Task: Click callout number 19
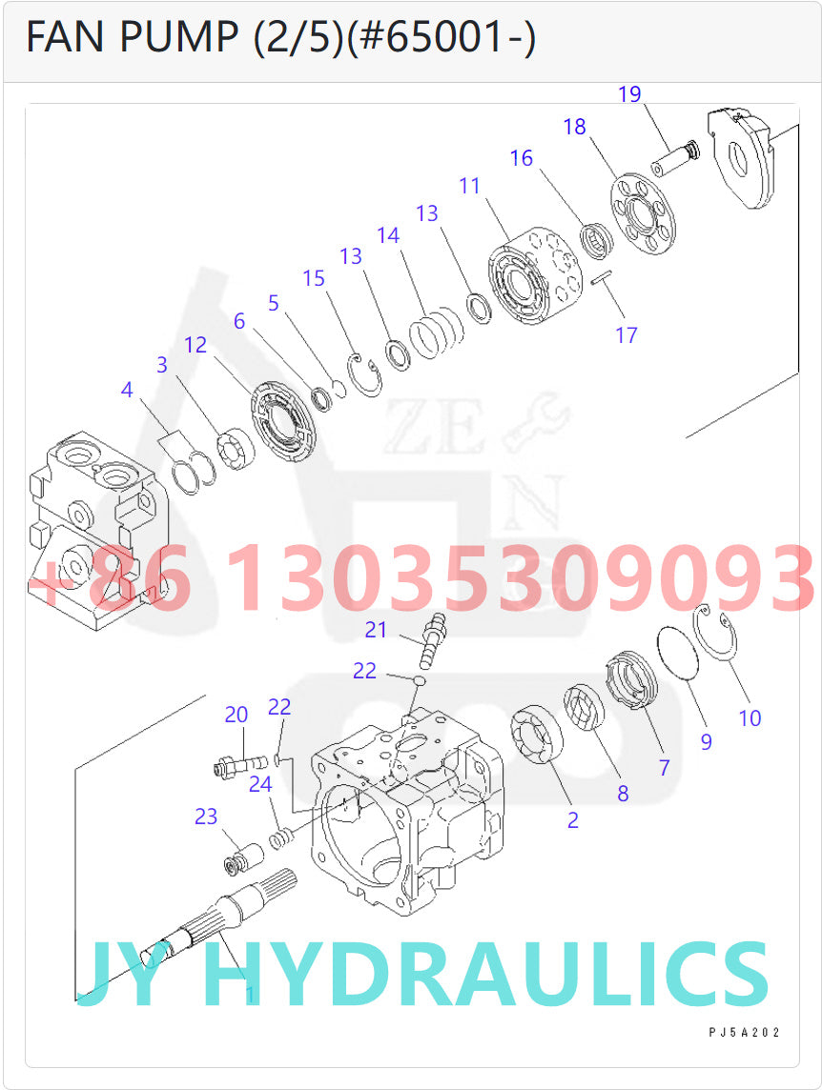point(629,94)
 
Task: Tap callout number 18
point(574,127)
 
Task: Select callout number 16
point(521,158)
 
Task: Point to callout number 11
point(469,186)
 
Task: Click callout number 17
point(626,335)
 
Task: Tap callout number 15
point(314,278)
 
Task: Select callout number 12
point(195,345)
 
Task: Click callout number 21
point(377,630)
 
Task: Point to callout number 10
point(750,718)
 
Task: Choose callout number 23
point(206,817)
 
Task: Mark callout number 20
point(236,715)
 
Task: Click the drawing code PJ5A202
point(744,1033)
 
